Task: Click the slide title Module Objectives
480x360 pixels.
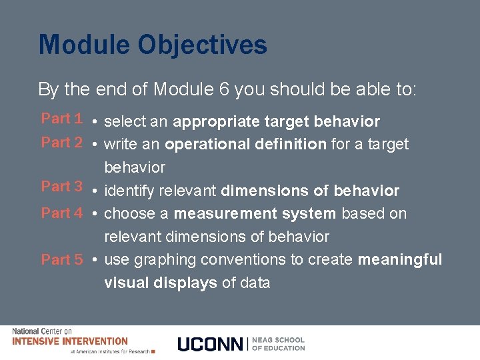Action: click(x=153, y=45)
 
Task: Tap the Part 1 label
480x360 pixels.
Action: click(x=61, y=119)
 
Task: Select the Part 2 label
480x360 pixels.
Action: click(x=61, y=142)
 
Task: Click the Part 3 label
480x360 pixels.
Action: click(x=61, y=187)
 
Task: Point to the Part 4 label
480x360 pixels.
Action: click(x=61, y=213)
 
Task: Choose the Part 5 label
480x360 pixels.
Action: click(x=61, y=260)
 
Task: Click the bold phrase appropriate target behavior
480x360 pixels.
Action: click(x=276, y=122)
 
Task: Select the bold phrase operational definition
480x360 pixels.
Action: click(x=245, y=144)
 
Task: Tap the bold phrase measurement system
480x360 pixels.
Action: click(x=255, y=213)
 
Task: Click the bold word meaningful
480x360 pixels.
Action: click(x=399, y=259)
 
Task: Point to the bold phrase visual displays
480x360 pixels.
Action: click(x=161, y=283)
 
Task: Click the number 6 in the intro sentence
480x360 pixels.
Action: click(x=225, y=89)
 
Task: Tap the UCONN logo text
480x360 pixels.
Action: click(x=211, y=344)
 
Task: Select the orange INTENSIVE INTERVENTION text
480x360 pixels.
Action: click(x=70, y=341)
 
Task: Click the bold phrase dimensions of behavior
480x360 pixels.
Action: click(x=310, y=191)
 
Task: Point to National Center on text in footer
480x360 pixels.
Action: click(x=42, y=331)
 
